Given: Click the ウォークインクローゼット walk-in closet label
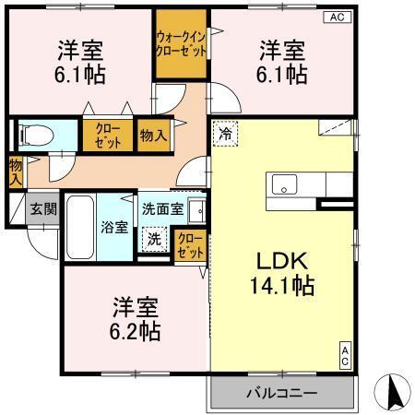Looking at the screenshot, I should [x=182, y=43].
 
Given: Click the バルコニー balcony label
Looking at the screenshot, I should [x=280, y=394].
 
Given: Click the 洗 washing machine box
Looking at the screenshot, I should [x=154, y=237].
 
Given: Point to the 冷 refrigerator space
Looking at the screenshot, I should [x=225, y=133].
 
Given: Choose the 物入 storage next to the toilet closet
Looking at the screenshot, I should [x=153, y=136].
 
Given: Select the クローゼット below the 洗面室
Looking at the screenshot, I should [x=191, y=245].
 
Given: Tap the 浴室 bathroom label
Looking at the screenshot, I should [x=114, y=226].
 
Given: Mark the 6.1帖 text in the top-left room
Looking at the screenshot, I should [x=77, y=75].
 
